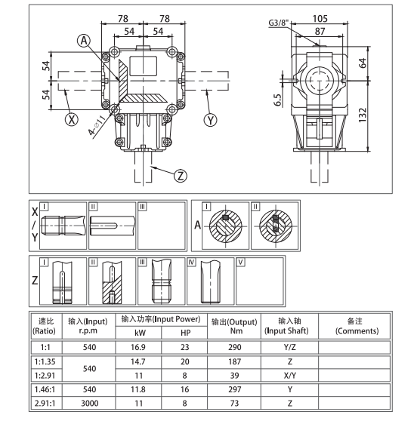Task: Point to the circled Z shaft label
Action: [179, 175]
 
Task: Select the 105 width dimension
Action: [322, 17]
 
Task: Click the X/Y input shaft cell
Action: [290, 375]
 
